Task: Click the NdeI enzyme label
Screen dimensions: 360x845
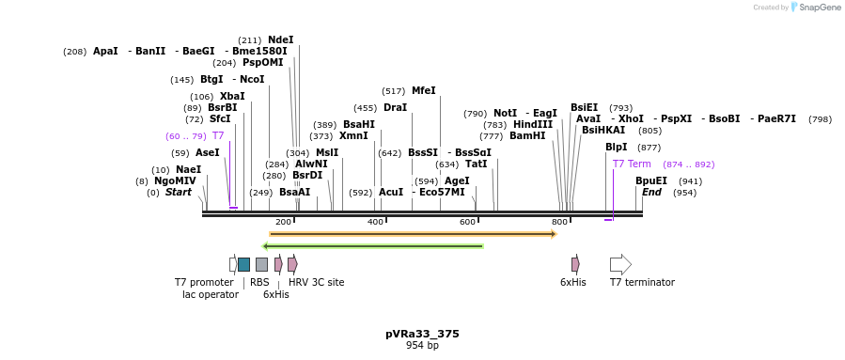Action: [x=280, y=39]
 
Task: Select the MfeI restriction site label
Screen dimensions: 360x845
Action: [x=423, y=91]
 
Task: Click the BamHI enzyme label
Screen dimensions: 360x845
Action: [x=526, y=135]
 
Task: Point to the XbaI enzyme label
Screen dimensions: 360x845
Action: [x=232, y=96]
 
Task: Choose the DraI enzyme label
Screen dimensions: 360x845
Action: [x=395, y=108]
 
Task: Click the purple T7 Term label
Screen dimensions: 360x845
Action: [x=632, y=164]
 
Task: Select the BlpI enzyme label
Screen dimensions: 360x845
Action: [x=616, y=147]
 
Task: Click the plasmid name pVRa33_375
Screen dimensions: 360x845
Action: [x=422, y=334]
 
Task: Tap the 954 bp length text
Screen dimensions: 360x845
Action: [x=422, y=346]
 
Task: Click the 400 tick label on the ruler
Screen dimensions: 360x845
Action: [x=375, y=222]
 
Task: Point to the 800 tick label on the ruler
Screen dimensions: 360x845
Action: [x=559, y=222]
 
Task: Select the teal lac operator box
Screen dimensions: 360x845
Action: [x=243, y=264]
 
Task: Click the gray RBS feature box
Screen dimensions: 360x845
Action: [x=261, y=264]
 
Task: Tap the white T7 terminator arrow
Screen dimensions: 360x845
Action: [x=620, y=264]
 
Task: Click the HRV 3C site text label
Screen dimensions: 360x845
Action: [x=316, y=282]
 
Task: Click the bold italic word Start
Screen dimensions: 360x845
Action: [x=178, y=192]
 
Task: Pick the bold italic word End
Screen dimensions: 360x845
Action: [x=651, y=192]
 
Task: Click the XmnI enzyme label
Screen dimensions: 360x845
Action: [x=353, y=135]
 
